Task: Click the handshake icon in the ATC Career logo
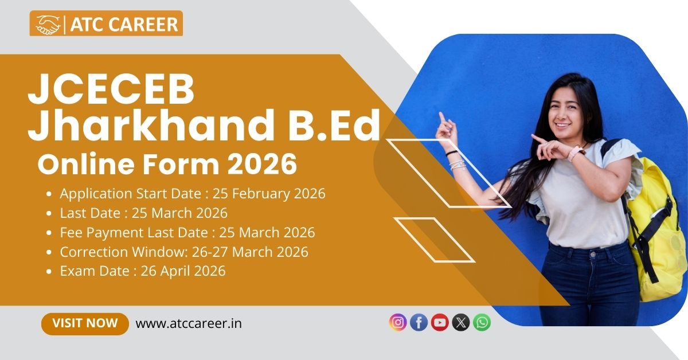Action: (48, 24)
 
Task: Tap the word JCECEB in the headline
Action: (111, 89)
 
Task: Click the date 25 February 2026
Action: (269, 194)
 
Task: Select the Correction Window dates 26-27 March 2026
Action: (250, 252)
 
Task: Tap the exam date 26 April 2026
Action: (183, 271)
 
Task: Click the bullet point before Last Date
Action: (49, 213)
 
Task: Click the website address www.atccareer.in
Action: (189, 323)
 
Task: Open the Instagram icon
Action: (398, 323)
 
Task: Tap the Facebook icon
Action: (419, 323)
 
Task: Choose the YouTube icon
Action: (440, 323)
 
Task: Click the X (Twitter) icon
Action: (461, 323)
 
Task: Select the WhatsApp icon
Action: (482, 323)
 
